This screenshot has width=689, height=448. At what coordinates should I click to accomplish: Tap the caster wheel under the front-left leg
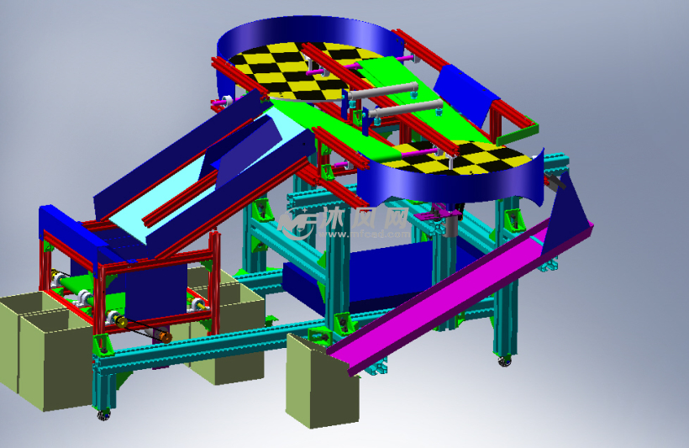[x=103, y=414]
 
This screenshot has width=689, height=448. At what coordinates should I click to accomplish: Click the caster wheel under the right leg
[x=505, y=361]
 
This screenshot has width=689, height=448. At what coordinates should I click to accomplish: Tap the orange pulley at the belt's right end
[x=166, y=337]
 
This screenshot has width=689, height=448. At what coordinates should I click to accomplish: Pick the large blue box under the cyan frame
[x=370, y=277]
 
